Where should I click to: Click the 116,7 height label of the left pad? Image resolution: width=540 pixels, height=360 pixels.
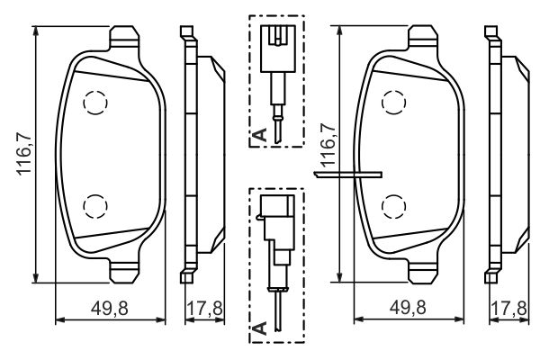(x=25, y=153)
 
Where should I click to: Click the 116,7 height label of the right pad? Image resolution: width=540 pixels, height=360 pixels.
(x=328, y=145)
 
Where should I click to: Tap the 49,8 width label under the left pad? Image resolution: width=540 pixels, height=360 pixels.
(x=110, y=308)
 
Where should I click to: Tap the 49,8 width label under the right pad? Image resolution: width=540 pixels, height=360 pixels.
(x=408, y=307)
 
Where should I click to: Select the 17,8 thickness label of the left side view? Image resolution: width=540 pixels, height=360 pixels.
(x=204, y=308)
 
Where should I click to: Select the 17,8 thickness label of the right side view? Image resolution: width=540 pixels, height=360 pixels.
(x=508, y=308)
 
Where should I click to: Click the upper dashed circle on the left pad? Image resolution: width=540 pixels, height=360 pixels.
(x=95, y=103)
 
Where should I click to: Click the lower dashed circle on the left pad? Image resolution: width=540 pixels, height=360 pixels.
(x=95, y=206)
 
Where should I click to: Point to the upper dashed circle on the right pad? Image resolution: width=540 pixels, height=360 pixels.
(x=393, y=102)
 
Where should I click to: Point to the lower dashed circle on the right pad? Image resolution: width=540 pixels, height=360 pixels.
(x=393, y=206)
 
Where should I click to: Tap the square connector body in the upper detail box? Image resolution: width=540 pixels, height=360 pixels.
(x=277, y=49)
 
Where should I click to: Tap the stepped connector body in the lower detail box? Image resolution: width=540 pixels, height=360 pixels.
(x=277, y=228)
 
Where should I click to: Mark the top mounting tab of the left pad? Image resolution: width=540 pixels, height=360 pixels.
(x=124, y=38)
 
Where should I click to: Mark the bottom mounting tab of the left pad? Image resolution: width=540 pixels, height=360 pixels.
(x=124, y=271)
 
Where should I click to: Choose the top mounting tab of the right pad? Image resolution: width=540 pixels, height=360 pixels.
(x=423, y=38)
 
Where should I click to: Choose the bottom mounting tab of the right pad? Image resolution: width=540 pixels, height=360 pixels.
(x=423, y=271)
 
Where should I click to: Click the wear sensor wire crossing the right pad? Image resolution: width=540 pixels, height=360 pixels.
(x=347, y=175)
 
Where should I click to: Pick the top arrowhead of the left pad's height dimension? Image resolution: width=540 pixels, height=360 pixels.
(x=35, y=31)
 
